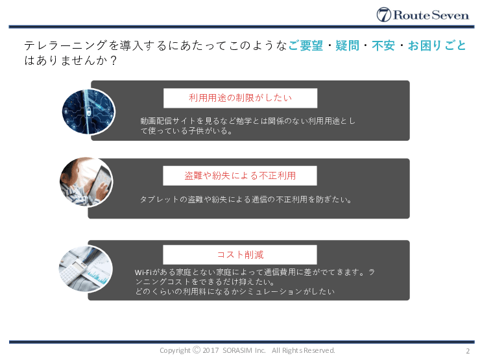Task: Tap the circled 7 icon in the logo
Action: tap(384, 15)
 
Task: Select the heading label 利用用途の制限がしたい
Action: tap(240, 98)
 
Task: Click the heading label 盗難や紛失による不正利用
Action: tap(240, 176)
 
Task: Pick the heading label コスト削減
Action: tap(240, 254)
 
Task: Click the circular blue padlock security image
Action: tap(88, 111)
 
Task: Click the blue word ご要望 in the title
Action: tap(305, 46)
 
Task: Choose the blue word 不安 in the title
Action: tap(383, 46)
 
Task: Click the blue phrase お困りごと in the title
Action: tap(437, 46)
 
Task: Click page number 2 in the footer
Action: tap(467, 351)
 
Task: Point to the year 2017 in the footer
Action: tap(211, 351)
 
